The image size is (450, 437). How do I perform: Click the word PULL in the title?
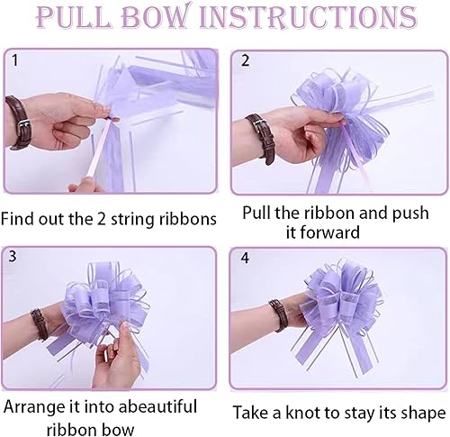[73, 17]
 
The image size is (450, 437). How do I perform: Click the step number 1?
[15, 60]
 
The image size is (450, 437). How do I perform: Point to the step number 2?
[246, 60]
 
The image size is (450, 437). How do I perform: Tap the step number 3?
[13, 256]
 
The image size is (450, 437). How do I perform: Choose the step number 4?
[245, 258]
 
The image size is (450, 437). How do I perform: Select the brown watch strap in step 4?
[279, 314]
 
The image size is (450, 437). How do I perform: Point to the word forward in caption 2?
[322, 232]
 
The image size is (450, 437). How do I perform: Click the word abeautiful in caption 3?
[157, 406]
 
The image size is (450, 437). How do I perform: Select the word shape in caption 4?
[425, 414]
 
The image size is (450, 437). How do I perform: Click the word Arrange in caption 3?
[34, 407]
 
